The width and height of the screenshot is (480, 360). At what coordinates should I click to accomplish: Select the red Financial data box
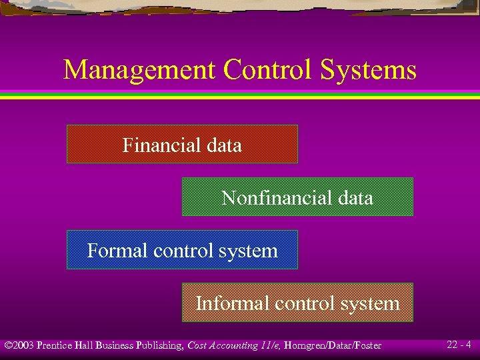click(x=182, y=144)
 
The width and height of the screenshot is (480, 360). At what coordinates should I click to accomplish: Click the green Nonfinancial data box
click(x=297, y=197)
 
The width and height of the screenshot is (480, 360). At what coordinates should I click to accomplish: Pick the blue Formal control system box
click(x=182, y=251)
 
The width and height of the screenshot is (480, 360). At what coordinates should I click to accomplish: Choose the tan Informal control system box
click(x=297, y=303)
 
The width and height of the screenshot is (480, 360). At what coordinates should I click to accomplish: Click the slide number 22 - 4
click(x=459, y=345)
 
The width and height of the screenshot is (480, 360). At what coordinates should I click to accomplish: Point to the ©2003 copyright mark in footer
click(x=19, y=345)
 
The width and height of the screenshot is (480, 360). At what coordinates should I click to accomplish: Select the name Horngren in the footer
click(x=305, y=345)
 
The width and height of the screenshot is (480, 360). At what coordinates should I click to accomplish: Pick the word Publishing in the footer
click(x=159, y=345)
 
